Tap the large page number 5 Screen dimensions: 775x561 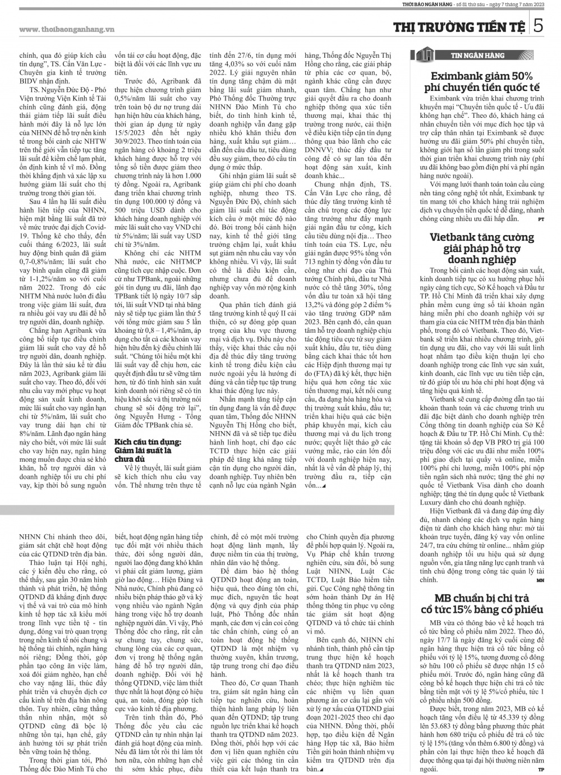tap(538, 26)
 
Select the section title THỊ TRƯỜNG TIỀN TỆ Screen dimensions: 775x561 tap(459, 27)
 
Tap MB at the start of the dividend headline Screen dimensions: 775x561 tap(444, 598)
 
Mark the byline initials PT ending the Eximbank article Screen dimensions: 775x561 tap(540, 218)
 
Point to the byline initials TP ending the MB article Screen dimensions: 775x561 tap(541, 769)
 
